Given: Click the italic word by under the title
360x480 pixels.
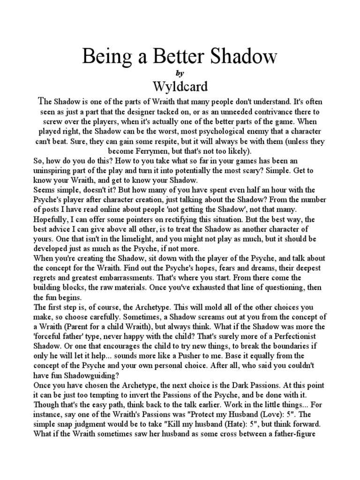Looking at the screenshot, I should coord(180,73).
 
